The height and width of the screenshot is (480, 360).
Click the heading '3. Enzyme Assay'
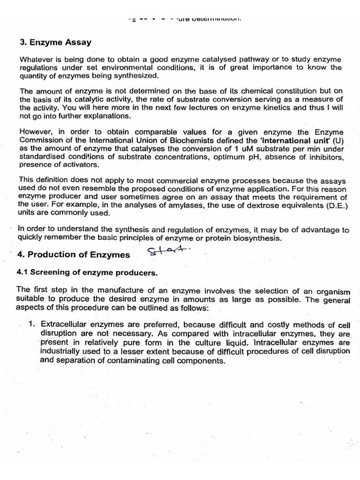click(x=56, y=42)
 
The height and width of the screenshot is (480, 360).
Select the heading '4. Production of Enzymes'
click(x=73, y=255)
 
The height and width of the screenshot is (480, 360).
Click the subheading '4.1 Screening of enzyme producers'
click(x=87, y=272)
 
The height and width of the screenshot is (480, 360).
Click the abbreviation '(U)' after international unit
click(x=337, y=140)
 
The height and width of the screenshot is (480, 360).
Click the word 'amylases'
click(x=180, y=205)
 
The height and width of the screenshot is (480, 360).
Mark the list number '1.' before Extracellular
click(x=31, y=324)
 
